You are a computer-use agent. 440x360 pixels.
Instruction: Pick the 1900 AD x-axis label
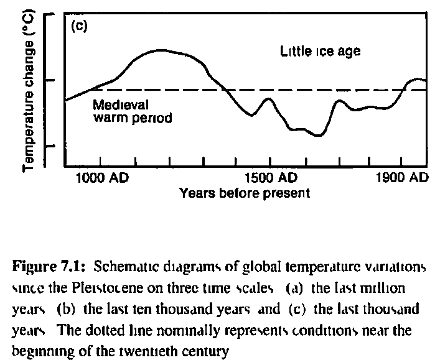coord(402,178)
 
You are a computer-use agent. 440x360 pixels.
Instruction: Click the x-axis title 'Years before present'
coord(243,193)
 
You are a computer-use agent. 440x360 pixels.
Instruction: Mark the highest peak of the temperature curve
coord(161,50)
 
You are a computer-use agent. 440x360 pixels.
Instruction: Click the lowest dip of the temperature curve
coord(318,135)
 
